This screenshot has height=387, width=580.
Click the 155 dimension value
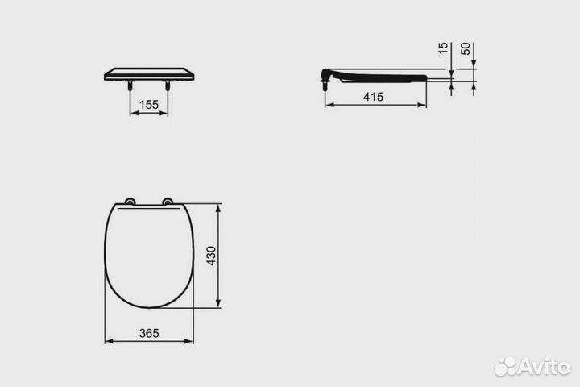(148, 104)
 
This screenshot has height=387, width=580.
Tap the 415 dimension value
(372, 97)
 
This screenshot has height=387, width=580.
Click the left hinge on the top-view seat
(130, 202)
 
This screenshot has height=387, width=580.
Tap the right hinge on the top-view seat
(168, 202)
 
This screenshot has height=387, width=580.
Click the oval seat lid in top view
(149, 254)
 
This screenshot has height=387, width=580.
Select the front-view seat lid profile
(149, 74)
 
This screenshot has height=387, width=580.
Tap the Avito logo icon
(505, 366)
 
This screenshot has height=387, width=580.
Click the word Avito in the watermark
(544, 366)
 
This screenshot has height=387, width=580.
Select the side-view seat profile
(379, 77)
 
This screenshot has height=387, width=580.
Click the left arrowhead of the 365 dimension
(108, 341)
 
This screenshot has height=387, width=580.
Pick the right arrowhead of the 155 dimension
(166, 113)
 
